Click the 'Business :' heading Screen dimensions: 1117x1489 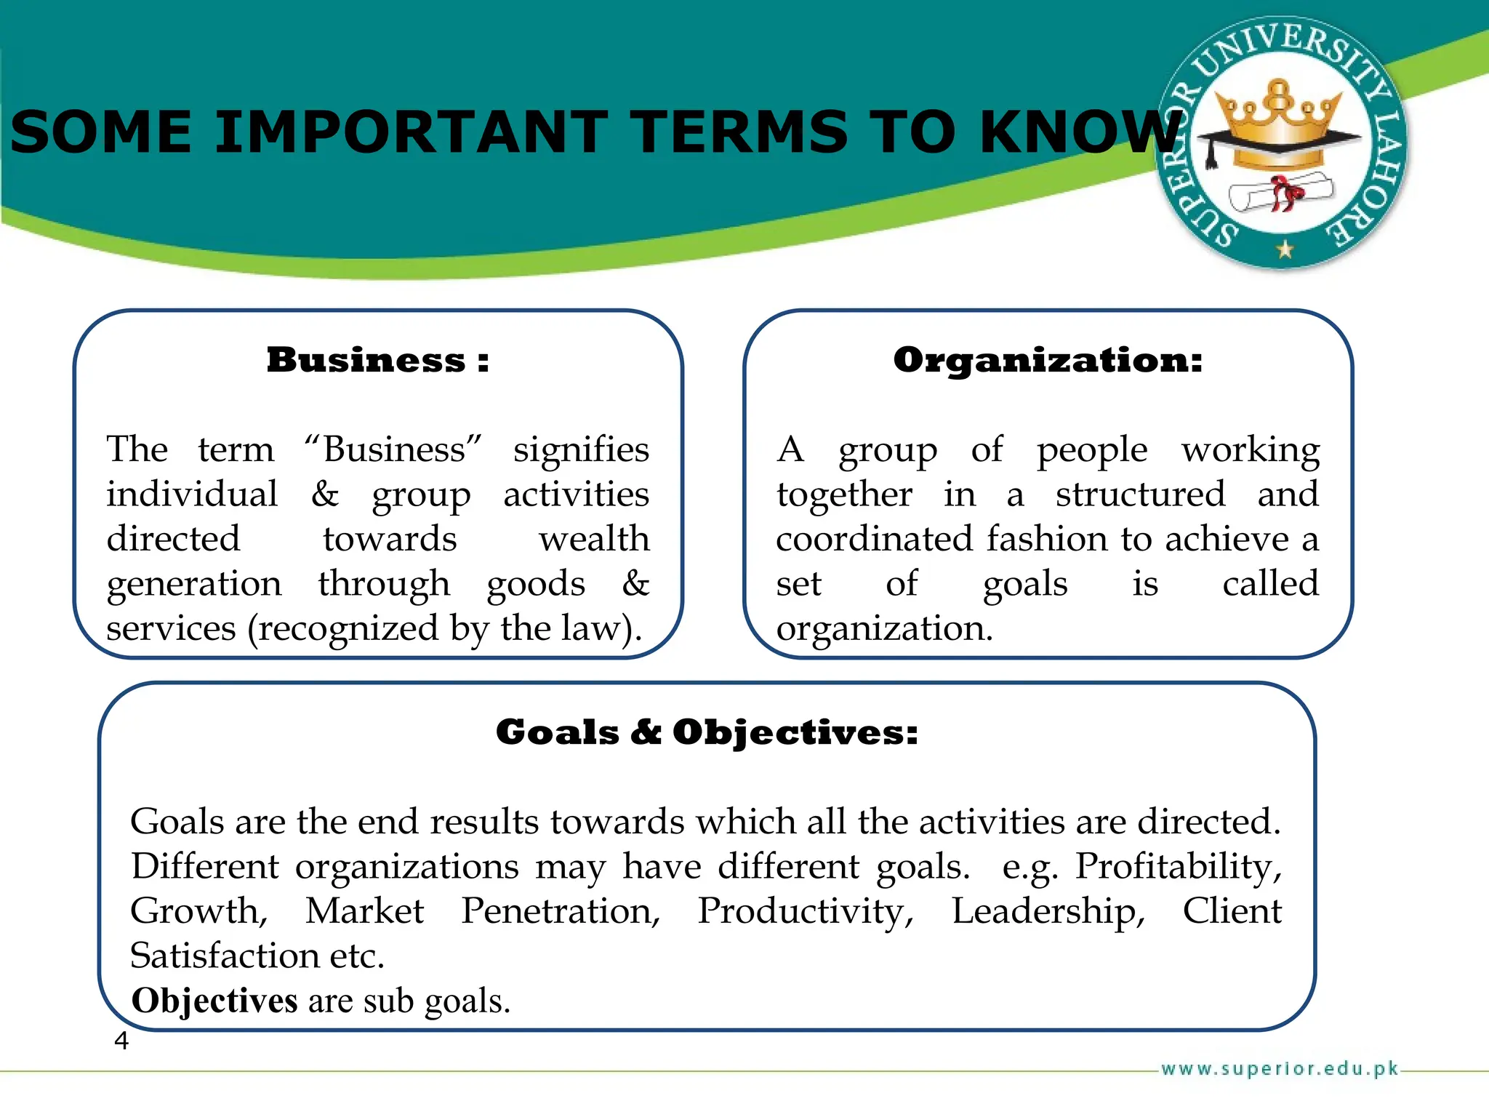(377, 360)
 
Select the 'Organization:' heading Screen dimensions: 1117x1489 (1048, 360)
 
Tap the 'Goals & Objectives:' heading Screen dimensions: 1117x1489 (707, 732)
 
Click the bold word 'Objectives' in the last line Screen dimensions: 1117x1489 (214, 1001)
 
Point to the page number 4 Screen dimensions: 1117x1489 (121, 1041)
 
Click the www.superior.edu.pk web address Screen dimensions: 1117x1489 (1280, 1068)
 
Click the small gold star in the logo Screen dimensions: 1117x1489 (1285, 249)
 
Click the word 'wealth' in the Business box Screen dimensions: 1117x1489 (594, 539)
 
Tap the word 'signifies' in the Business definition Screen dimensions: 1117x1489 (581, 449)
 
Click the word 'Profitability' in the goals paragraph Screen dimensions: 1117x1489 (1178, 866)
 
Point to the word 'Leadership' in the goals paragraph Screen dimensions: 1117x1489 (1048, 911)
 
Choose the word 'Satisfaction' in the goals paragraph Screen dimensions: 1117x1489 (225, 956)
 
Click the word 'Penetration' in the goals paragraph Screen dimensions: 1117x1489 (561, 911)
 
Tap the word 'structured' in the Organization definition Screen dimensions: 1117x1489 (1140, 495)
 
